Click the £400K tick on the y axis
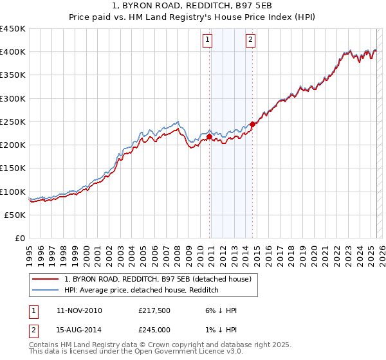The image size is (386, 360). tap(13, 52)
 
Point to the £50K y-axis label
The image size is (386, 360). tap(15, 215)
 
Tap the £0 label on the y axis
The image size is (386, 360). tap(21, 238)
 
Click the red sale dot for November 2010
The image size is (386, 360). tap(210, 136)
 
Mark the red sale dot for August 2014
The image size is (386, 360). tap(252, 124)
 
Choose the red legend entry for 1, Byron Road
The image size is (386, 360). tap(161, 279)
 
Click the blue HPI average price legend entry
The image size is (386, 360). tap(142, 291)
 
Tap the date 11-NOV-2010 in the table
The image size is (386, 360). tap(79, 310)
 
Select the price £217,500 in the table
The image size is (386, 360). tap(154, 310)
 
